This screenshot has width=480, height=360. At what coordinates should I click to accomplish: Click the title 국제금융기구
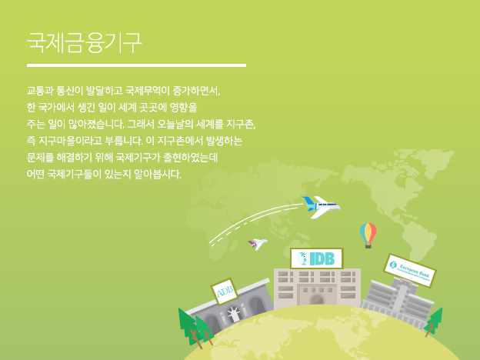(85, 42)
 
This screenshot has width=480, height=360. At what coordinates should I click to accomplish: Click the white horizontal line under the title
(136, 65)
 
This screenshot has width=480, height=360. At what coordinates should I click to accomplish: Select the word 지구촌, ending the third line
(241, 124)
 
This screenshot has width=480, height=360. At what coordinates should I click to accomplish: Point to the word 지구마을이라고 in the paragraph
(70, 141)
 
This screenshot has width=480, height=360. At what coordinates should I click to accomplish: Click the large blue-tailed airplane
(321, 207)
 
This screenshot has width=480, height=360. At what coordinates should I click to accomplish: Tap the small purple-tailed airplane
(258, 244)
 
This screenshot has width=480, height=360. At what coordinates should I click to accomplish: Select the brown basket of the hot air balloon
(368, 245)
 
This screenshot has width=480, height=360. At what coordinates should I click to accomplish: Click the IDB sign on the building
(317, 258)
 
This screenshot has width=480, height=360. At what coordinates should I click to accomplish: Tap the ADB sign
(225, 292)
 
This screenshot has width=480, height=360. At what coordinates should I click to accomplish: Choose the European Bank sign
(410, 270)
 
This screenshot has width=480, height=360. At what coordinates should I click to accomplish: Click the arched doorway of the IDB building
(317, 299)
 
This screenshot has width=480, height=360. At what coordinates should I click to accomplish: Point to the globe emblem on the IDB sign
(303, 258)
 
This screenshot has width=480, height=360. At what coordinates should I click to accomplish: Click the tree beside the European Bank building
(434, 322)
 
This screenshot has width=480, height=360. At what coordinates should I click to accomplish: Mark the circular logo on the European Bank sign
(393, 265)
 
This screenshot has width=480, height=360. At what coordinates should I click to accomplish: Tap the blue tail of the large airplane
(308, 202)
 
